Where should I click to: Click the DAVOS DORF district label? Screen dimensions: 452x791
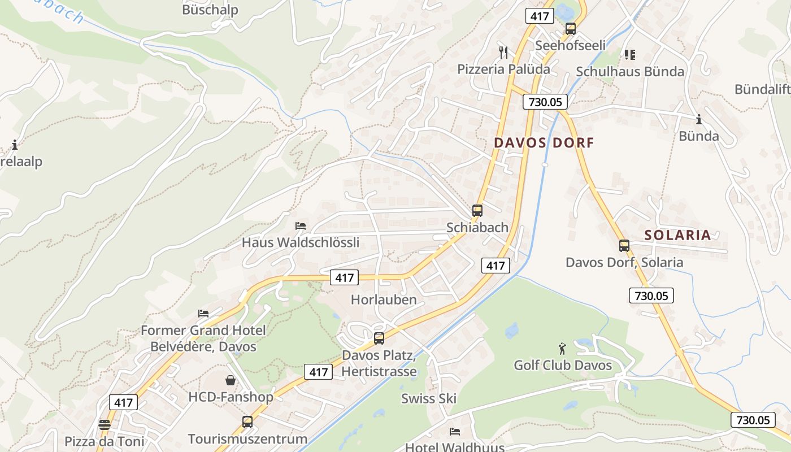[x=544, y=143]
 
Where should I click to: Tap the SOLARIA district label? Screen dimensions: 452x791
[x=677, y=235]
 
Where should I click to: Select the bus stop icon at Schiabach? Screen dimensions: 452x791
[x=477, y=211]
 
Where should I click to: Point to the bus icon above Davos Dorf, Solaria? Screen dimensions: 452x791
[x=624, y=246]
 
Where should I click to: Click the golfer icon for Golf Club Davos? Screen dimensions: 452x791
[x=562, y=348]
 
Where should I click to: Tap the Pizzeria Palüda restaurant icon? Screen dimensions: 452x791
[x=503, y=53]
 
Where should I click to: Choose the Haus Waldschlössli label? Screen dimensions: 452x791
[x=301, y=243]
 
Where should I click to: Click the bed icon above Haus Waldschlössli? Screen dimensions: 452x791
[x=301, y=226]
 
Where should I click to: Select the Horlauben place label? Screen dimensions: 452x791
[x=384, y=300]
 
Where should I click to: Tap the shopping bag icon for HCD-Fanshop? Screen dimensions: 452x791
[x=231, y=380]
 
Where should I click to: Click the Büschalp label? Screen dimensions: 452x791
[x=210, y=10]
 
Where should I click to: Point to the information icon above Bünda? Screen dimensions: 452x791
[x=699, y=119]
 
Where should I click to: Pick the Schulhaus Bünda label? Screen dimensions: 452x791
[x=630, y=72]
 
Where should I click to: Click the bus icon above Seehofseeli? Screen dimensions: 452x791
[x=571, y=29]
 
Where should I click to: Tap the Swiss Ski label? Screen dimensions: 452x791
[x=429, y=398]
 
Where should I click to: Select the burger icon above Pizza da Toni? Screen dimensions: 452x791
[x=105, y=424]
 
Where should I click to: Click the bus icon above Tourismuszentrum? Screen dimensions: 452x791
[x=247, y=421]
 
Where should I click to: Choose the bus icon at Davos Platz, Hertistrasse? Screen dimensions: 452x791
[x=379, y=338]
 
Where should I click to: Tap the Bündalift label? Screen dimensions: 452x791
[x=762, y=89]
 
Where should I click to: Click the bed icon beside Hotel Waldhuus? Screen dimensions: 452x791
[x=455, y=432]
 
